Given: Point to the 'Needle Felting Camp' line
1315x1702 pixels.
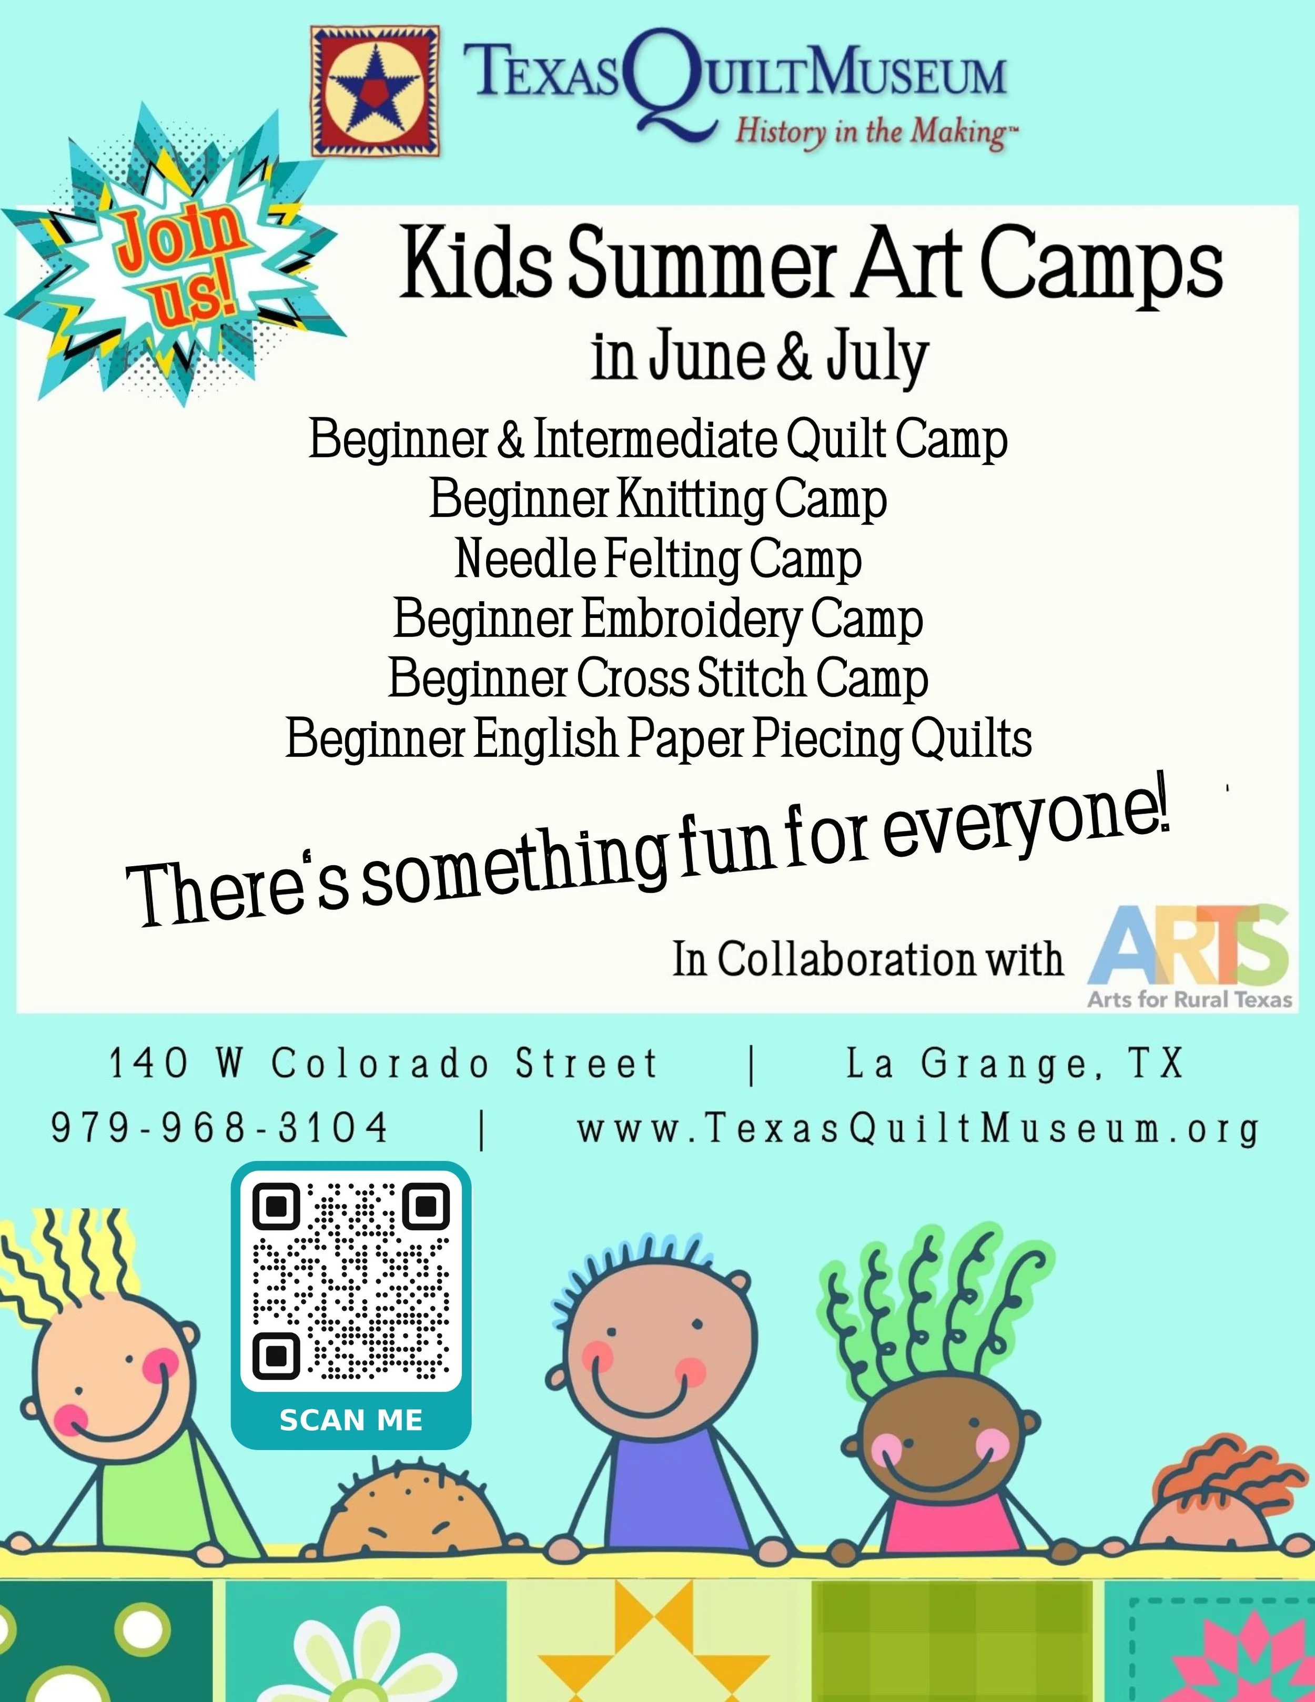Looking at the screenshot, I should (x=658, y=560).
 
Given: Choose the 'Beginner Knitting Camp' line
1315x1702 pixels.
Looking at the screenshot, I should (x=658, y=500).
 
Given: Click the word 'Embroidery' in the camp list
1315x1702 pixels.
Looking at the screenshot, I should (x=691, y=620).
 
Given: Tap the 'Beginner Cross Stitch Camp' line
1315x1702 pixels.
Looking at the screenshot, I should (x=658, y=679).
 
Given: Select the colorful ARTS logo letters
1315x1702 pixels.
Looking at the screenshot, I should (x=1189, y=945).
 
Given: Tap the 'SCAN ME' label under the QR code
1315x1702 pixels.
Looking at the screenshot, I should (x=351, y=1420).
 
